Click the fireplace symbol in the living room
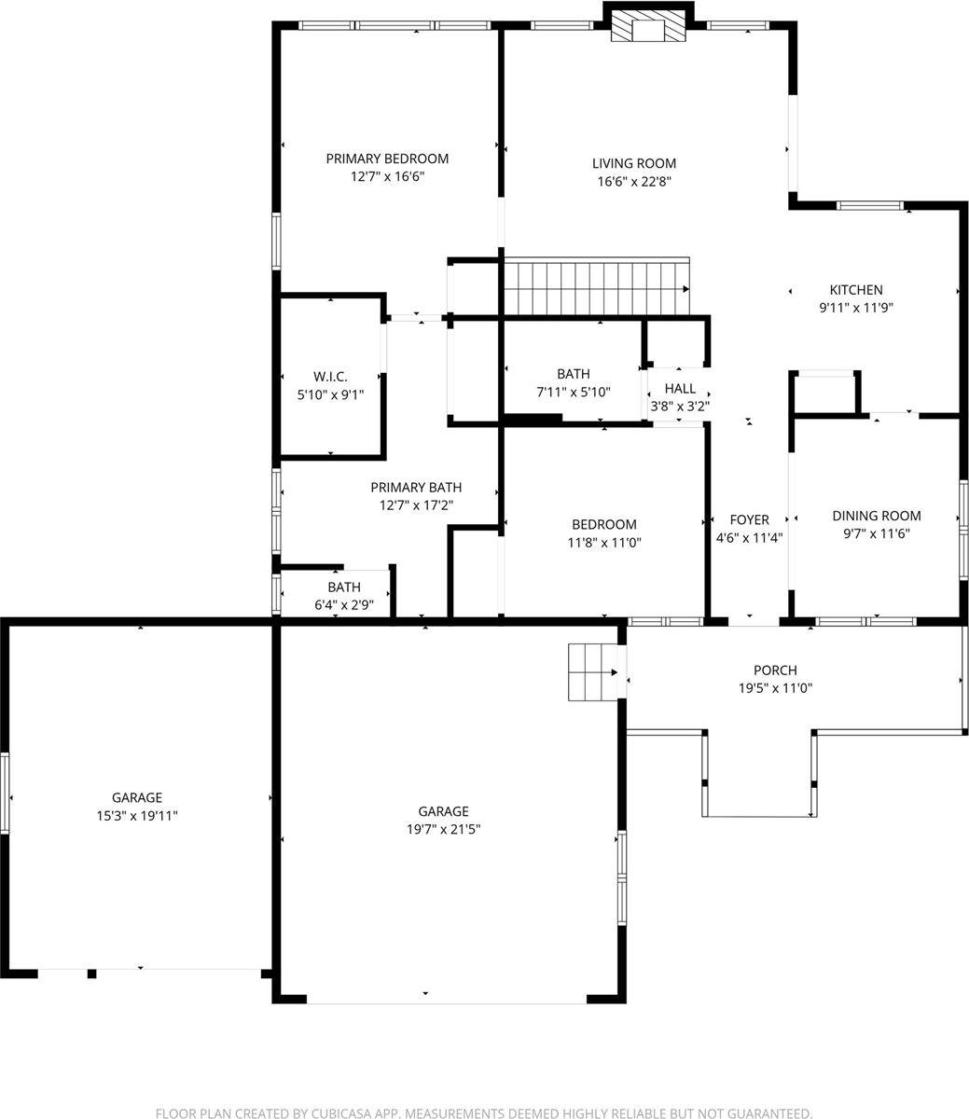tap(648, 30)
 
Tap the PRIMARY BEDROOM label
tap(387, 159)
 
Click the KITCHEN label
tap(856, 290)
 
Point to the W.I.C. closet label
tap(330, 377)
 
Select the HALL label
tap(680, 389)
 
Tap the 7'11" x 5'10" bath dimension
tap(573, 393)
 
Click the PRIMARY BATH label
tap(416, 488)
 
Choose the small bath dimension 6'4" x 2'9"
tap(343, 605)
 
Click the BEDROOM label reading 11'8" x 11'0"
tap(604, 525)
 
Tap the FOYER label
tap(749, 520)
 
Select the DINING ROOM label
tap(876, 516)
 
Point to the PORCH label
tap(775, 670)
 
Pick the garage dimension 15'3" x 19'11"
tap(137, 816)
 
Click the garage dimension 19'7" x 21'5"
tap(443, 830)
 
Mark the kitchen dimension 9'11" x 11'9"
tap(856, 308)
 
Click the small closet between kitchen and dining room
tap(825, 393)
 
